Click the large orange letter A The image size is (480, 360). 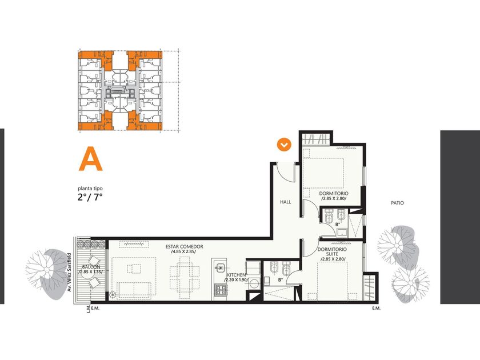pyautogui.click(x=91, y=159)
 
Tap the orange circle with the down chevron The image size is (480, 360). pyautogui.click(x=284, y=145)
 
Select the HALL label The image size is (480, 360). pyautogui.click(x=286, y=202)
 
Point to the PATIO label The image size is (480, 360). pyautogui.click(x=397, y=203)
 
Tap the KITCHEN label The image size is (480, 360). pyautogui.click(x=236, y=275)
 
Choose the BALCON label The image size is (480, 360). pyautogui.click(x=91, y=267)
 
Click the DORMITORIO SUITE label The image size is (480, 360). pyautogui.click(x=332, y=251)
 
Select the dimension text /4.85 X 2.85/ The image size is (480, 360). pyautogui.click(x=183, y=251)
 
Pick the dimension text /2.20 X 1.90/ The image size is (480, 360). pyautogui.click(x=235, y=280)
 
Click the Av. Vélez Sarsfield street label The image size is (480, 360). pyautogui.click(x=69, y=272)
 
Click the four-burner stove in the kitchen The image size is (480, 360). pyautogui.click(x=221, y=290)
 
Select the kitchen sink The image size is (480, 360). pyautogui.click(x=220, y=267)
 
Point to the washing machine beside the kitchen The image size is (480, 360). pyautogui.click(x=254, y=284)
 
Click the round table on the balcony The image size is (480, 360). pyautogui.click(x=87, y=275)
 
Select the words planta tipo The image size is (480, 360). pyautogui.click(x=90, y=189)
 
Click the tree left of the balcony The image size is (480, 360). pyautogui.click(x=46, y=273)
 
